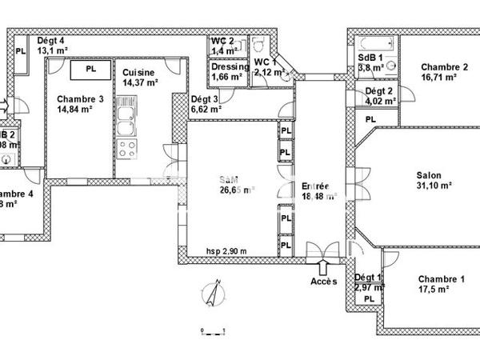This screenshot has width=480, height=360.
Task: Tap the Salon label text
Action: click(428, 175)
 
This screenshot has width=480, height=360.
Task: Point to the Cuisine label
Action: click(139, 72)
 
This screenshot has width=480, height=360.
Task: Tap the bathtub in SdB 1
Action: click(375, 43)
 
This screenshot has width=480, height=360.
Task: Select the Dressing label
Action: click(230, 67)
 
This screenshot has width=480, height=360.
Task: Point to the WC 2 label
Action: click(222, 41)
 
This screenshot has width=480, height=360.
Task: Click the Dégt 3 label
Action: click(204, 100)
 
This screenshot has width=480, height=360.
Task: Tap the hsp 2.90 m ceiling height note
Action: click(226, 250)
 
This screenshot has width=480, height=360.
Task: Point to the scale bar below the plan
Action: click(214, 330)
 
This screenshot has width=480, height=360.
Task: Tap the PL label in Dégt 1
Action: click(369, 298)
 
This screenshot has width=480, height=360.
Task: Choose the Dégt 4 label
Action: click(50, 41)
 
